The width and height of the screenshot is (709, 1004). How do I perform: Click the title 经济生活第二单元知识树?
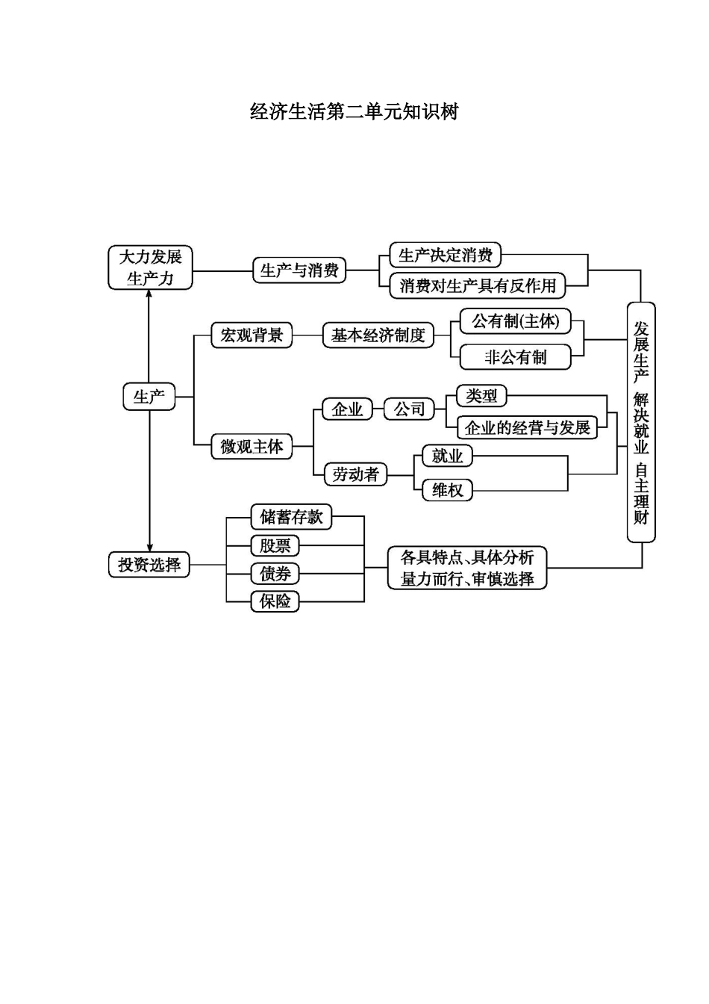tap(354, 112)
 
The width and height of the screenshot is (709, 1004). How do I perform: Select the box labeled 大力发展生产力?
tap(151, 267)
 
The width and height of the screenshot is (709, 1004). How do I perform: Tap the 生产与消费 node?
tap(299, 270)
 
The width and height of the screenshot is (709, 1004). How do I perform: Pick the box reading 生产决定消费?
tap(446, 255)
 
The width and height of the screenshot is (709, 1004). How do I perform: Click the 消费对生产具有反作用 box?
tap(478, 285)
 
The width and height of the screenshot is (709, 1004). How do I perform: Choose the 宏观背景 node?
tap(252, 335)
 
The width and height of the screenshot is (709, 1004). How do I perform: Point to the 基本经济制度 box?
tap(378, 335)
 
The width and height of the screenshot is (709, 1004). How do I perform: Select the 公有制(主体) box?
tap(515, 321)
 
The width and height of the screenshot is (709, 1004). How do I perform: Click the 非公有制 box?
tap(515, 357)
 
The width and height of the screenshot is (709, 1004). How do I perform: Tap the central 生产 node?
tap(149, 397)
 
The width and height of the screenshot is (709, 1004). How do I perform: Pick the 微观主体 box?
tap(252, 447)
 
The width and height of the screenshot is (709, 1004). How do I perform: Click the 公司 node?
tap(409, 409)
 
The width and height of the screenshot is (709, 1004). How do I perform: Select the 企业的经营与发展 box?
tap(527, 427)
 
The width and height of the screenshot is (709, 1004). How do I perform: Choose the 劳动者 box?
tap(355, 474)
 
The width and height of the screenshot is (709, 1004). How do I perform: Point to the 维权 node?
tap(447, 490)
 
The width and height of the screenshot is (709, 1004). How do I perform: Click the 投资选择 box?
tap(149, 564)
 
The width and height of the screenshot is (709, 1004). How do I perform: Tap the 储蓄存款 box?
tap(291, 517)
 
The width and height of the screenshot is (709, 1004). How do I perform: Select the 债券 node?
tap(275, 574)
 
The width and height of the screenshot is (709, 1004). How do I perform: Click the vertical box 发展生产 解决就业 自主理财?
tap(641, 422)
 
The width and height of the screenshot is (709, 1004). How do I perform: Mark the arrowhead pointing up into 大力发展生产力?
tap(149, 294)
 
